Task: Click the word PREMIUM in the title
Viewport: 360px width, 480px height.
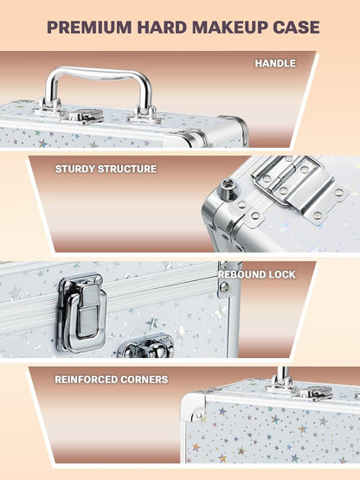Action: coord(89,28)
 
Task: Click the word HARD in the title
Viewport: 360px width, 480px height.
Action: coord(162,28)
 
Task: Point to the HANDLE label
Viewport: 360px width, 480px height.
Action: coord(275,63)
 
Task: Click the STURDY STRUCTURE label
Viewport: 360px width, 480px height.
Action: coord(106,169)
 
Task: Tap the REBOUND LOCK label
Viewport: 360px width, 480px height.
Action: coord(257,274)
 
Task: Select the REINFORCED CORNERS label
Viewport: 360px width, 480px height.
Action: coord(112,380)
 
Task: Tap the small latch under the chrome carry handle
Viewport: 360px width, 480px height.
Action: coord(83,117)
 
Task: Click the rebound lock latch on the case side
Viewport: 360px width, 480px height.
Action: coord(82,312)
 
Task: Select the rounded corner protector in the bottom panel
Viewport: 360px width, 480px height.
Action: coord(193,407)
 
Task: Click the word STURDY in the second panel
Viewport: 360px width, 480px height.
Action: coord(74,169)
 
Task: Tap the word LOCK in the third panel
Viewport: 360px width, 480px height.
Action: coord(281,274)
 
